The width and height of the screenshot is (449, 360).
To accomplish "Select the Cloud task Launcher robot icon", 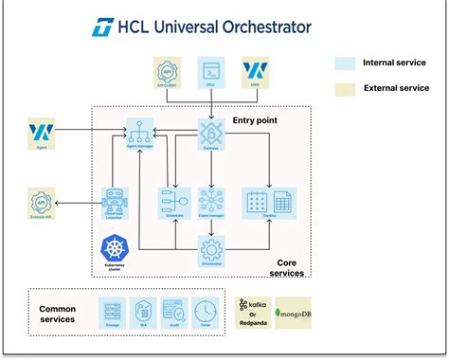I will (x=116, y=200).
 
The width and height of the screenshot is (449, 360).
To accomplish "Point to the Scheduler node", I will (x=173, y=201).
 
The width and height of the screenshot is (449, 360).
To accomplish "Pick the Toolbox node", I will (x=269, y=201).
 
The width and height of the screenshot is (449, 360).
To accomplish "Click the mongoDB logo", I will (x=290, y=312).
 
